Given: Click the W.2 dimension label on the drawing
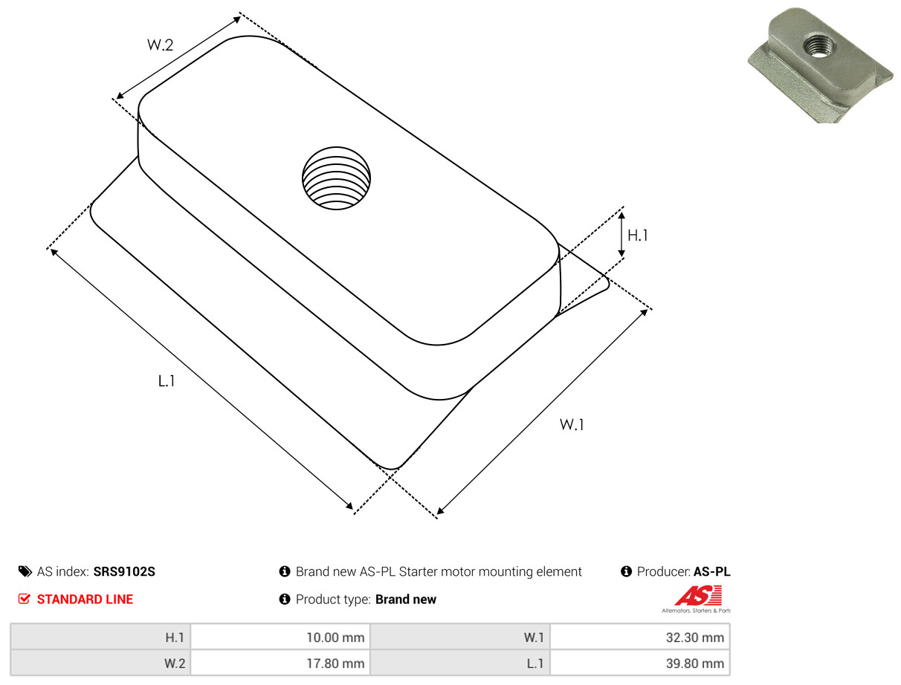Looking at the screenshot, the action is coord(160,45).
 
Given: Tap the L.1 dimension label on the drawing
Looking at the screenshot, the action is coord(167,381).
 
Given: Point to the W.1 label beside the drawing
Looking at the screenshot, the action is coord(572,424).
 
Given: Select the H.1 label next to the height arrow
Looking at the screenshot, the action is coord(638,236).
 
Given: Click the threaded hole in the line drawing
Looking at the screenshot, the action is coord(336,178).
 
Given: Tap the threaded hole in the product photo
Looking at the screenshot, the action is coord(818,45).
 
